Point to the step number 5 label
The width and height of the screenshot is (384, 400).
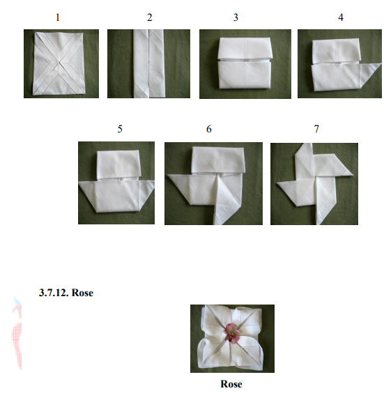click(x=120, y=129)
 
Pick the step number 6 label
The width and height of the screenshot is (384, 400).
click(x=208, y=129)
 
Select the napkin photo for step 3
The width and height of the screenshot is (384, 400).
click(x=245, y=63)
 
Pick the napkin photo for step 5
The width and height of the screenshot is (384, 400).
click(x=116, y=183)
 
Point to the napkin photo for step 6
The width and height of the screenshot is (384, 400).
click(x=213, y=183)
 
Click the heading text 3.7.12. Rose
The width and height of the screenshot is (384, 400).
click(x=67, y=293)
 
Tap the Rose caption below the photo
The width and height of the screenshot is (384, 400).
click(x=231, y=384)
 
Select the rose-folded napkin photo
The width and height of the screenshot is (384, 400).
click(x=232, y=339)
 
